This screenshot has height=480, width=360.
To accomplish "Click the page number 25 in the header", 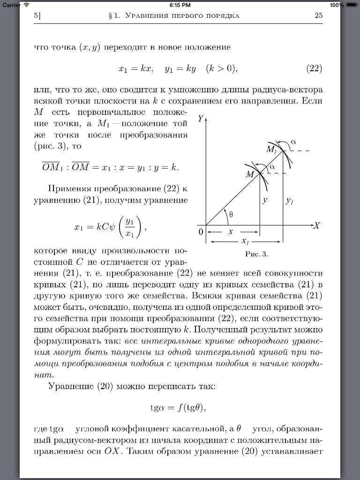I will coord(318,15).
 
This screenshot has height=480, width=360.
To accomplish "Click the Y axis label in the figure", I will coord(201,119).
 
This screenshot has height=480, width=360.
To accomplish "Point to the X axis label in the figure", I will coord(316,225).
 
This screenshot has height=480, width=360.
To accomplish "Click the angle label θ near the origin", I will coord(231,215).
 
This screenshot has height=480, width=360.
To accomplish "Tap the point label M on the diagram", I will coord(250,174).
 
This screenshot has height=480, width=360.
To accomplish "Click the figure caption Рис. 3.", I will coord(256,255).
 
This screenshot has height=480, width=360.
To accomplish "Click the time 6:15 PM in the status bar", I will coord(180,5).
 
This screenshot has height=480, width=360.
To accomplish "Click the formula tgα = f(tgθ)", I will coord(178,407).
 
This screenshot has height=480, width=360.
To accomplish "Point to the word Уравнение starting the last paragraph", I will coord(71,387).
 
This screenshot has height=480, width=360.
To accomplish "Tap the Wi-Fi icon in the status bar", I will coord(27,5).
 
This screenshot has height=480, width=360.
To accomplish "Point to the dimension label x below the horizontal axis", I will coord(230,232).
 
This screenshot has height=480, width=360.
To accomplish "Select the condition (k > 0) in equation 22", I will coord(222,68).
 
